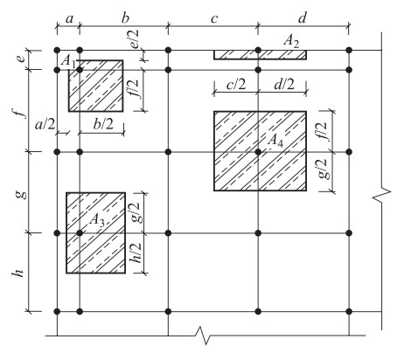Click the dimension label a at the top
coord(69,19)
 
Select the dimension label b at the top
coord(125,17)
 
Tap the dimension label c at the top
coord(214,19)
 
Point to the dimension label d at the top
coord(303,17)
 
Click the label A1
coord(68,62)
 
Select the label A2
coord(291,41)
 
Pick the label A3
coord(97,219)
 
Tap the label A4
coord(275,141)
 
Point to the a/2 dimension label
coord(45,125)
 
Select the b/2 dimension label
coord(103,124)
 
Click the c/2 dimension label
coord(236,85)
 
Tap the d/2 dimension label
coord(284,85)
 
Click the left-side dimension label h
coord(18,273)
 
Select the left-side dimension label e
coord(20,59)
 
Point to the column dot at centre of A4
coord(258,152)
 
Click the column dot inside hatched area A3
coord(80,233)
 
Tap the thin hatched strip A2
coord(260,55)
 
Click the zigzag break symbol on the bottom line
coord(204,336)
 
